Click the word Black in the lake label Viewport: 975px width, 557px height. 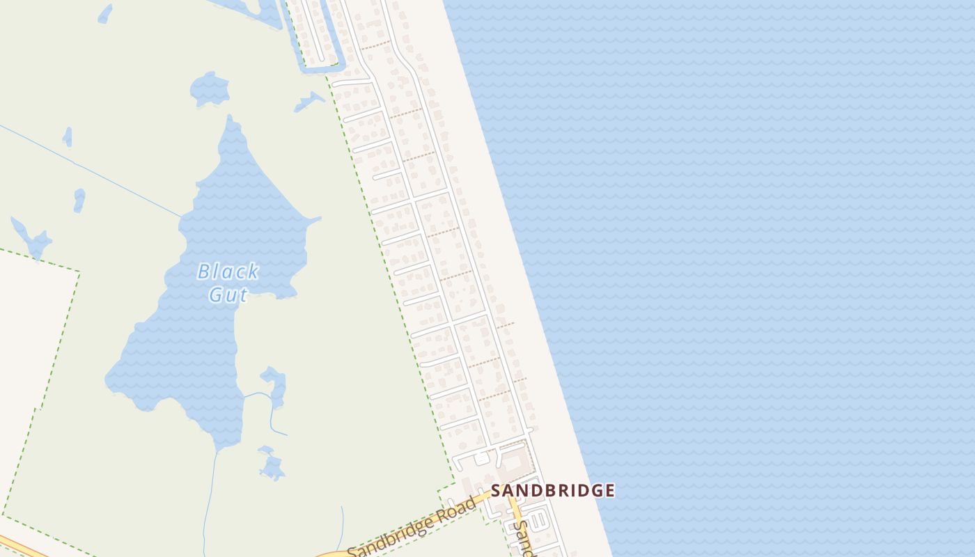click(x=228, y=272)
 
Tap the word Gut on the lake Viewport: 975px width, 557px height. click(x=228, y=295)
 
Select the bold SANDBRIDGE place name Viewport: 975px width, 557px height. click(x=553, y=490)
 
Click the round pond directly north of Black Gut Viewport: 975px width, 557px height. click(x=209, y=88)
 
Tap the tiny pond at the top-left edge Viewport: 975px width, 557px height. click(x=104, y=13)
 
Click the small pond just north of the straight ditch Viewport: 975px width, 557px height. click(x=68, y=136)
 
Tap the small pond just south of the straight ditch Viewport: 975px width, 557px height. click(x=79, y=200)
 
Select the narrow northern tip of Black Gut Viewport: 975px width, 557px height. click(x=230, y=122)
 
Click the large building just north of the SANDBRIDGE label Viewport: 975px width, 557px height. click(x=513, y=461)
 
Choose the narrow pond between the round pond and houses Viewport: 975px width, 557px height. click(x=309, y=102)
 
